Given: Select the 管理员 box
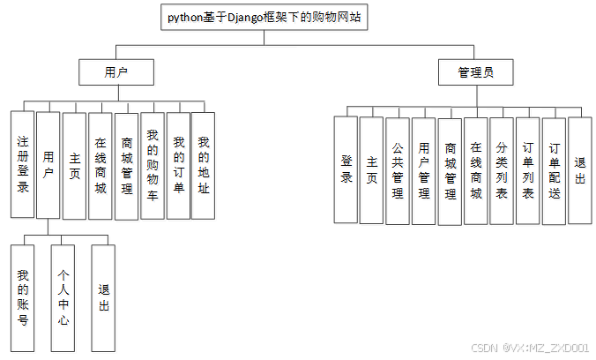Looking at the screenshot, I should click(x=475, y=72).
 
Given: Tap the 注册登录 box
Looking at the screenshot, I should click(x=23, y=164).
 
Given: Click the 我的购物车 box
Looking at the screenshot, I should click(x=153, y=166).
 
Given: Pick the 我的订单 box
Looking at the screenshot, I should click(x=178, y=166).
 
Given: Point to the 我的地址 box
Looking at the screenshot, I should click(x=204, y=166).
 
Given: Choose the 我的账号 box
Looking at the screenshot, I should click(x=23, y=297).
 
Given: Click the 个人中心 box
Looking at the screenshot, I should click(x=63, y=297).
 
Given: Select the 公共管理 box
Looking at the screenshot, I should click(x=399, y=170).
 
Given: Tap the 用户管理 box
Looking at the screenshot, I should click(x=424, y=170).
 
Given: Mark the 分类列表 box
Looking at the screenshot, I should click(x=502, y=170).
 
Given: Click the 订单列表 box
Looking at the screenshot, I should click(x=528, y=170).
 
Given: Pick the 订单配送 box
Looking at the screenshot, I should click(x=554, y=170).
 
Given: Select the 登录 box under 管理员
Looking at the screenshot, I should click(x=346, y=170).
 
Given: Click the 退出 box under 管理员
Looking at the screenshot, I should click(x=579, y=170).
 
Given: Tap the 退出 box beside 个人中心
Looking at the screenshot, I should click(x=103, y=297).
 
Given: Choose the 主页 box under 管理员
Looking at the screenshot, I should click(x=372, y=170).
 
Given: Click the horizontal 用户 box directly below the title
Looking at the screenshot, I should click(x=116, y=72).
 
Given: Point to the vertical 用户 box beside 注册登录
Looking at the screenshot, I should click(x=48, y=164).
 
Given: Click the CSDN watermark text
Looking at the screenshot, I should click(x=530, y=349).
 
